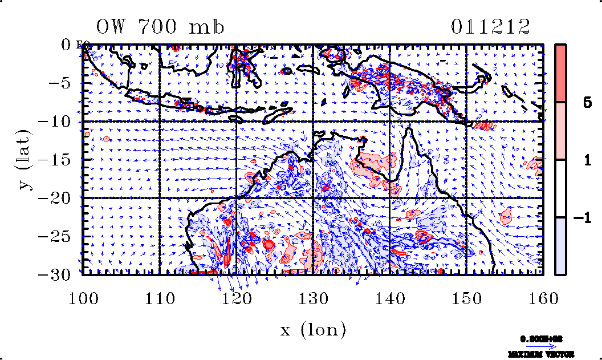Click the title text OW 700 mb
160,27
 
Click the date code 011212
491,27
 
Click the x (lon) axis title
314,329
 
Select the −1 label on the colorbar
583,218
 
